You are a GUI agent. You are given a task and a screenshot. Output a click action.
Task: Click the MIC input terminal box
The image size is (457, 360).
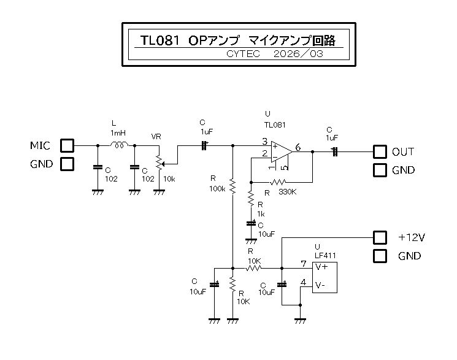(x=66, y=146)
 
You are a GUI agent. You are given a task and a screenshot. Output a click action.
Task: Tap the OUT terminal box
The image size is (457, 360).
(x=380, y=151)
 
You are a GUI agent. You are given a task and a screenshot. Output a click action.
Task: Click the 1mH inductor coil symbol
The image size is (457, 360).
(x=119, y=145)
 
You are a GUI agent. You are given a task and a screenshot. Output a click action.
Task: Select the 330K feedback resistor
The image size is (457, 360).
(x=278, y=182)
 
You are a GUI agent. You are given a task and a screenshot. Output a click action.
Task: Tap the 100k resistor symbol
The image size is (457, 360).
(x=232, y=185)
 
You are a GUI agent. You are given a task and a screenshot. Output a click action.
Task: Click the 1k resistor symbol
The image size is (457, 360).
(x=251, y=198)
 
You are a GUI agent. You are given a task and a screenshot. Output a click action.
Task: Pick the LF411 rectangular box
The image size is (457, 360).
(x=326, y=277)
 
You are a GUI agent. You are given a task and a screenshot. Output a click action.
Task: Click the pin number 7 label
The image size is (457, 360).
(x=303, y=264)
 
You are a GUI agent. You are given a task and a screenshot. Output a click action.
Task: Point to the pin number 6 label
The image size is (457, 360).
(x=298, y=147)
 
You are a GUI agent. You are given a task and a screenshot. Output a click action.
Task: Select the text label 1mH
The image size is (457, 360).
(x=118, y=133)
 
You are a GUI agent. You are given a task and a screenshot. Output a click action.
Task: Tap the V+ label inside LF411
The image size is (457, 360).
(x=321, y=267)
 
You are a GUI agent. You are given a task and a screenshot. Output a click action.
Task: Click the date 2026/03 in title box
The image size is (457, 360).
(x=297, y=54)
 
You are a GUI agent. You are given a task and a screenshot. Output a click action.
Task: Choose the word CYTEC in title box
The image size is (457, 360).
(x=243, y=54)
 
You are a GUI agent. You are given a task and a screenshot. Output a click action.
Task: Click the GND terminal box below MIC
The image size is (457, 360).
(x=66, y=164)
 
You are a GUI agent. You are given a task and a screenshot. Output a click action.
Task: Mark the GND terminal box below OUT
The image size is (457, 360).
(x=380, y=170)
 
